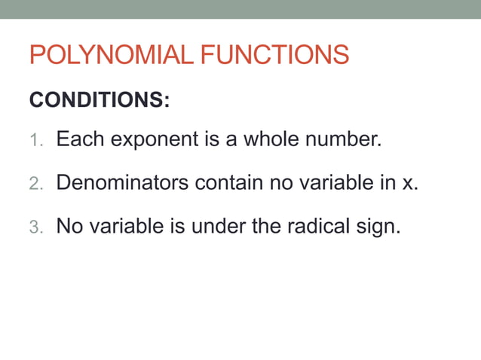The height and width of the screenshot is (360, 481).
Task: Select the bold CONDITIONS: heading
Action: pos(99,100)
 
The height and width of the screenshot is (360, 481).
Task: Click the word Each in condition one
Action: pos(80,139)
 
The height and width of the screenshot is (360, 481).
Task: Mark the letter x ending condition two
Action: pos(408,184)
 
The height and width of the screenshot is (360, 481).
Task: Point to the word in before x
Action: pos(386,183)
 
